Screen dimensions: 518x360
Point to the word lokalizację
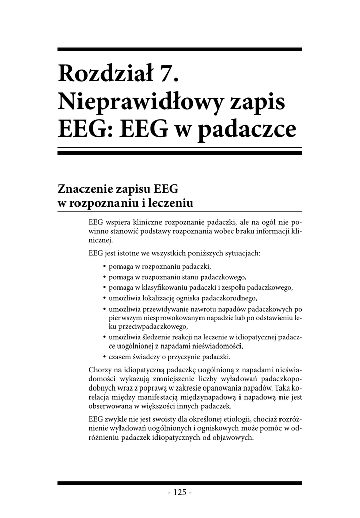click(x=155, y=298)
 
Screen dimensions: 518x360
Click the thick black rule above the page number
click(x=180, y=483)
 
